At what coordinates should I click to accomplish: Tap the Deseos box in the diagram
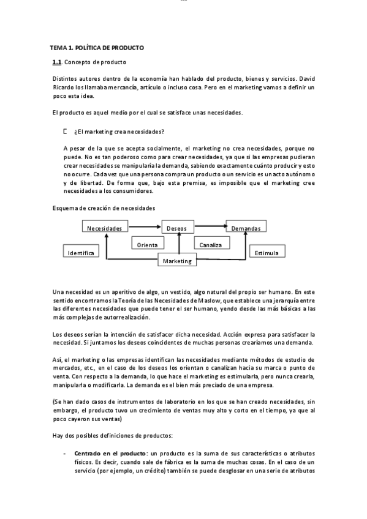tap(177, 228)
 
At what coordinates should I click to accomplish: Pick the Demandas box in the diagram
tap(246, 228)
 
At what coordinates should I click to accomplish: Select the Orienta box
tap(148, 244)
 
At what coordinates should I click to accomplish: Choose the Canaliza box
tap(210, 244)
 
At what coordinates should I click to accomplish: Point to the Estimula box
tap(267, 252)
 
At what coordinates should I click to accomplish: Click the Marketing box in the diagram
tap(178, 261)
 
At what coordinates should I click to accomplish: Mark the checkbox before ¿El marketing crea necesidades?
tap(65, 131)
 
